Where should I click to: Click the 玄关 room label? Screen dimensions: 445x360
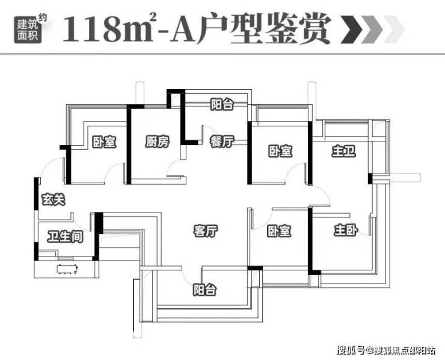click(x=54, y=199)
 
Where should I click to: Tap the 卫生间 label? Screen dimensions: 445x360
click(x=66, y=237)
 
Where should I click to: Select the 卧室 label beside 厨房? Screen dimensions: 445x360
click(x=104, y=142)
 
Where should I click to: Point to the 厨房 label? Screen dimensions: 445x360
click(x=157, y=141)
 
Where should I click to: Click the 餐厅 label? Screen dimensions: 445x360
click(x=222, y=141)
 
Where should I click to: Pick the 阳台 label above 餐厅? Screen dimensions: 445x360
click(x=222, y=104)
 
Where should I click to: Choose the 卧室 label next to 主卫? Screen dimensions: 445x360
click(x=280, y=151)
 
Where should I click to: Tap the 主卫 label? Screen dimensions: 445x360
click(x=344, y=151)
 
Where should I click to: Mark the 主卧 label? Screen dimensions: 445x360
click(x=346, y=230)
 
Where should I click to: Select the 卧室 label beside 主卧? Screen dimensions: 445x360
click(x=279, y=231)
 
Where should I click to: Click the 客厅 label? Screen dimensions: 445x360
click(x=206, y=231)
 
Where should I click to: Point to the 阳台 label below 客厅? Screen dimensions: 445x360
click(x=204, y=290)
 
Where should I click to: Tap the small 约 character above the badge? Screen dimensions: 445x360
click(x=43, y=17)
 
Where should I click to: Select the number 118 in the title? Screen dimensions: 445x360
click(x=92, y=29)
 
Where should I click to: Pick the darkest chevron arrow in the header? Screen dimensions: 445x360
click(x=352, y=29)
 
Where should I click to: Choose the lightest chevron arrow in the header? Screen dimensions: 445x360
click(x=394, y=29)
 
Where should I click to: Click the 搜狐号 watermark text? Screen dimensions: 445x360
click(x=351, y=350)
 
